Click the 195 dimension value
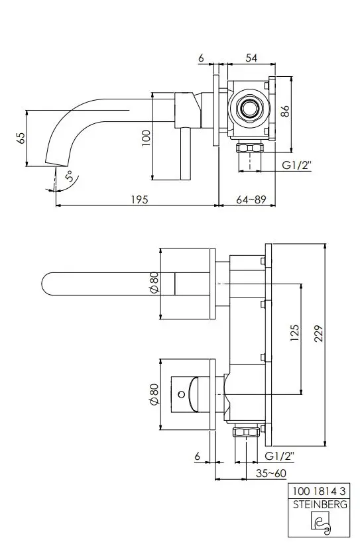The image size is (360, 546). [139, 199]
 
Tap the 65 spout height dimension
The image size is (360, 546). [21, 138]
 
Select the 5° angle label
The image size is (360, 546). [70, 176]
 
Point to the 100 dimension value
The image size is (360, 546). [147, 138]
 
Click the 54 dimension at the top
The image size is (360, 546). [251, 58]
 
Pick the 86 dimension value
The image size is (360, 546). [285, 111]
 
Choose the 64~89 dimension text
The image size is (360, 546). [251, 199]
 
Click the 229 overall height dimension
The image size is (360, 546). [319, 333]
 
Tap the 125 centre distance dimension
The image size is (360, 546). [295, 333]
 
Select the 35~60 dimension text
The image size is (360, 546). [270, 473]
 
